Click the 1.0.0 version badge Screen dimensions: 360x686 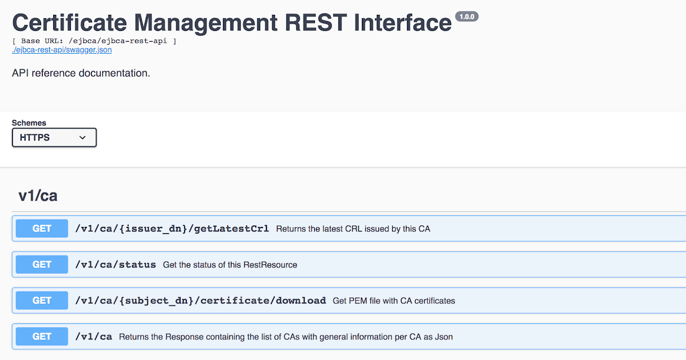(x=466, y=17)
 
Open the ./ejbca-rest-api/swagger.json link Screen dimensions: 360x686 (x=62, y=50)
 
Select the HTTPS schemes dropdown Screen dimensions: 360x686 (x=54, y=138)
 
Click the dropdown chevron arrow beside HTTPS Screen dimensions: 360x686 (x=82, y=138)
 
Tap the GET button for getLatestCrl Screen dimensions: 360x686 (x=42, y=229)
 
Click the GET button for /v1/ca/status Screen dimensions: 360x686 (x=42, y=265)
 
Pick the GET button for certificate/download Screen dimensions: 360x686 (x=42, y=301)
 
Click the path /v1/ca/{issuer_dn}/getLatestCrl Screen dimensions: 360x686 (x=171, y=229)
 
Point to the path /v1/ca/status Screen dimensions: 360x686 (x=115, y=265)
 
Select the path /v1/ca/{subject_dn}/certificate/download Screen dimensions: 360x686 (x=200, y=301)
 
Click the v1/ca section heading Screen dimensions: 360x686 (x=38, y=195)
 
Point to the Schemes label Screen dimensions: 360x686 (x=29, y=123)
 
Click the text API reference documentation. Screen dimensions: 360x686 (x=81, y=73)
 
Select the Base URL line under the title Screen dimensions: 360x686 (x=94, y=41)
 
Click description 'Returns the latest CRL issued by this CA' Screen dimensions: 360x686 (x=353, y=229)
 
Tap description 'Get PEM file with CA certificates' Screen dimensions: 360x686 (x=394, y=301)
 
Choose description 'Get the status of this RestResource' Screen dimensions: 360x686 (x=230, y=265)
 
